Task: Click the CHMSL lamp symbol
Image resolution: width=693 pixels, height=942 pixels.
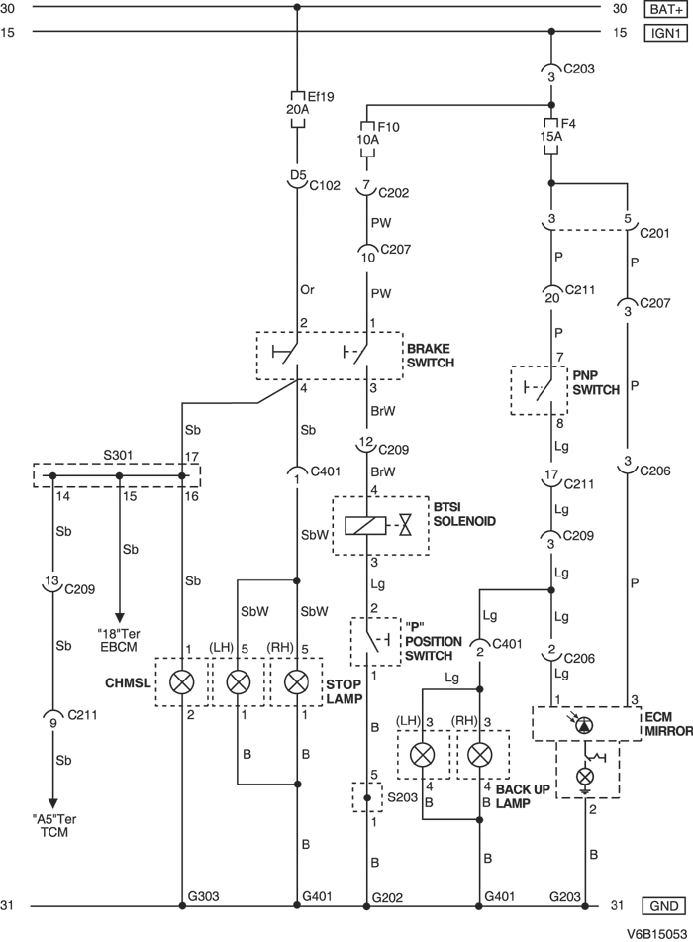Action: click(182, 682)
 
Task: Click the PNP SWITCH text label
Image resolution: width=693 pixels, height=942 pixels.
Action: click(595, 383)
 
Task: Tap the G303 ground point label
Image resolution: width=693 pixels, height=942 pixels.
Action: click(203, 896)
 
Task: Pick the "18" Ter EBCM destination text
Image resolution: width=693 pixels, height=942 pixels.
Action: click(120, 639)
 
